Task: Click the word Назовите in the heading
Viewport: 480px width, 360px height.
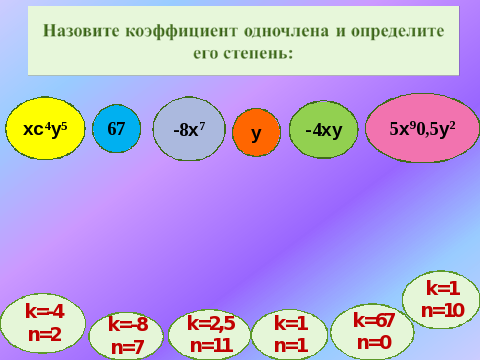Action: (81, 31)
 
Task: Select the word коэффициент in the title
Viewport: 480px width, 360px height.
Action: (182, 32)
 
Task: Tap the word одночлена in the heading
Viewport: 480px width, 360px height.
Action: (286, 31)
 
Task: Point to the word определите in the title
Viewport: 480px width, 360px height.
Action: (397, 32)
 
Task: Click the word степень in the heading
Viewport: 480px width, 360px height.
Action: (258, 53)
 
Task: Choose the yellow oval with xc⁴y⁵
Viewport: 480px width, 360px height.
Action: (45, 128)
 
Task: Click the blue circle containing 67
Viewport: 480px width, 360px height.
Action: (116, 128)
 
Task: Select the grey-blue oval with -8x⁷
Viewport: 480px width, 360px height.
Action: (189, 129)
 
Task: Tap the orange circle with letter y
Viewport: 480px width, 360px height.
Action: (256, 132)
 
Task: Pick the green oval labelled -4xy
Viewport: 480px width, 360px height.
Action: (324, 129)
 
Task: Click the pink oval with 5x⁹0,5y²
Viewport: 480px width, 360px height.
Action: (422, 128)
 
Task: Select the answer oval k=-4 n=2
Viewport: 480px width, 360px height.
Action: (43, 323)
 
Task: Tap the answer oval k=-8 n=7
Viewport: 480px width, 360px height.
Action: (126, 336)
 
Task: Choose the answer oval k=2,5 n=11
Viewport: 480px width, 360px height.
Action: (210, 335)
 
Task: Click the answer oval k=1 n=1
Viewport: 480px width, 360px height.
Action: (290, 335)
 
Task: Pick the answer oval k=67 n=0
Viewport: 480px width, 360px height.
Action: (373, 332)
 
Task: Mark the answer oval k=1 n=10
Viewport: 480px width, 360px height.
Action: (441, 300)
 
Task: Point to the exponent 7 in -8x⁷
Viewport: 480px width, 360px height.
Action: (202, 125)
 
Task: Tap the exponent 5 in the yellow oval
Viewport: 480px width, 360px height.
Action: (64, 126)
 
